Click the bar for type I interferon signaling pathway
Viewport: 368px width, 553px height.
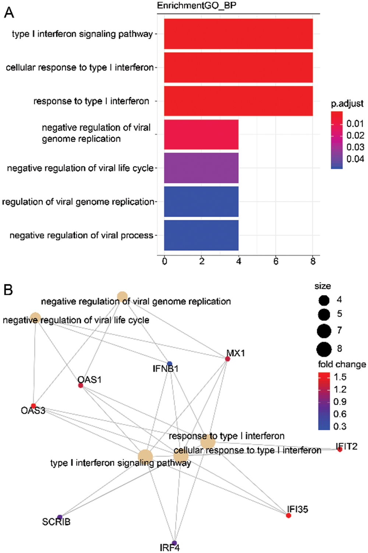click(x=238, y=34)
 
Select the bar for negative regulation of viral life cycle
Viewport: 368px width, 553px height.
click(x=201, y=168)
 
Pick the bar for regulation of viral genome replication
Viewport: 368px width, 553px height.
click(x=201, y=202)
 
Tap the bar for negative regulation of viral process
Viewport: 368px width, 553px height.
click(x=201, y=235)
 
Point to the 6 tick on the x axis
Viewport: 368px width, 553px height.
click(x=276, y=261)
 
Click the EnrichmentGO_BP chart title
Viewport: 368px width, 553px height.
click(x=197, y=6)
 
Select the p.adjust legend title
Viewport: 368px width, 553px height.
click(x=347, y=104)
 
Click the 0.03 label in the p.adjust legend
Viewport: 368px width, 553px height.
click(x=355, y=147)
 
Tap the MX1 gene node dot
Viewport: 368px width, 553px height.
click(x=227, y=359)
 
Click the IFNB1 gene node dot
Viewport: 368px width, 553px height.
click(x=169, y=364)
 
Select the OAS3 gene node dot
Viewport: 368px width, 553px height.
click(x=33, y=406)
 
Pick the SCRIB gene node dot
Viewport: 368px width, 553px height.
click(x=60, y=517)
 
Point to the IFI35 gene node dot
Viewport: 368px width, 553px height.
click(x=289, y=515)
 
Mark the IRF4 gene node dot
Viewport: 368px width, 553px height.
click(x=174, y=543)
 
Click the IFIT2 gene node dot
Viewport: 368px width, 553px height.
click(x=340, y=449)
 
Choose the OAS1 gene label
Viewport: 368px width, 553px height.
click(x=89, y=379)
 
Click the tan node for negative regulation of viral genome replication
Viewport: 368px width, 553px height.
click(x=122, y=297)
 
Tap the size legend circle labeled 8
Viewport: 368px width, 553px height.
click(x=324, y=349)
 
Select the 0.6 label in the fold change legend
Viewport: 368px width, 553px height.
click(x=340, y=414)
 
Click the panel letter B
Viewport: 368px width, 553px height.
click(x=8, y=290)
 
